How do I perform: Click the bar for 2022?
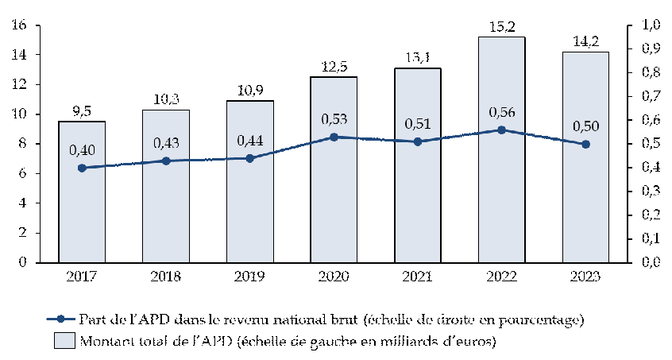pos(501,199)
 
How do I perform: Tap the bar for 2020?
pos(334,207)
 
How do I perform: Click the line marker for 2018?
pos(166,161)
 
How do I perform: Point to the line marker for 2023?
pos(585,144)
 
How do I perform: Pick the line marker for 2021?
pos(418,141)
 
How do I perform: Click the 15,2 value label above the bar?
pos(501,27)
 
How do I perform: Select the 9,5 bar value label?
pos(82,111)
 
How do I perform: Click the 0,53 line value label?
pos(334,119)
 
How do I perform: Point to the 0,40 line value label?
pos(82,149)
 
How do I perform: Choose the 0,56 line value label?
pos(501,112)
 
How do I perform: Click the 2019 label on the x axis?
pos(249,277)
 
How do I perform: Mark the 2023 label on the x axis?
pos(585,277)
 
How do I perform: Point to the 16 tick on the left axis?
pos(21,25)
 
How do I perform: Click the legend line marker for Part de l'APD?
pos(60,319)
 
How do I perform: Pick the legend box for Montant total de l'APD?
pos(60,342)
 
